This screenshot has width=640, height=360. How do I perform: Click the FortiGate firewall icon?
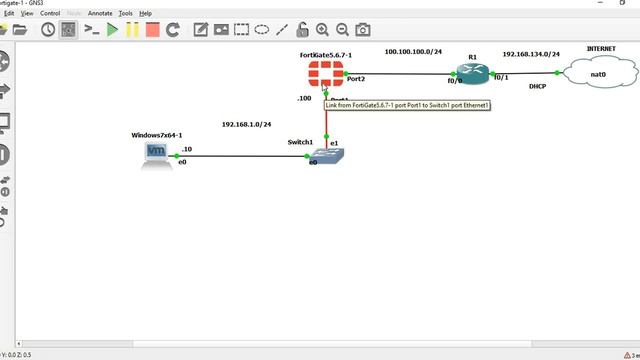pos(325,74)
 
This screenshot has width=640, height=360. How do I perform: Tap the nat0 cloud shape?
pos(598,72)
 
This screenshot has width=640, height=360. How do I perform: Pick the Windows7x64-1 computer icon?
pos(157,154)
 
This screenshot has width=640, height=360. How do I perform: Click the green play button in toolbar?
pos(112,30)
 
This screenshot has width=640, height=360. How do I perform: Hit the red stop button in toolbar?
pos(152,30)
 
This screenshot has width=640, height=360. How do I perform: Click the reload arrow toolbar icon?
pos(172,30)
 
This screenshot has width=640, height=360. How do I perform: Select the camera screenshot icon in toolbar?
pos(363,30)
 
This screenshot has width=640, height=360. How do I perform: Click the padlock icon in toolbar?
pos(301,30)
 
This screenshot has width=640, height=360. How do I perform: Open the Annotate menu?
pos(100,13)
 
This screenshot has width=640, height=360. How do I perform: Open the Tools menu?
pos(125,13)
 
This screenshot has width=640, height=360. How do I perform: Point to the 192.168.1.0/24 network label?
pos(246,125)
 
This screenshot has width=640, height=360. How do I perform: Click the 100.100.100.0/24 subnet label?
pos(413,51)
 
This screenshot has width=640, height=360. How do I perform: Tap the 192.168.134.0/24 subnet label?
pos(531,54)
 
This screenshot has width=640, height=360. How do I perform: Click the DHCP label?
pos(537,87)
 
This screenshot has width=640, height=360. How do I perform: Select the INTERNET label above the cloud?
pos(600,48)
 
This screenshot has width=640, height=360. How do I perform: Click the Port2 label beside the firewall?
pos(356,77)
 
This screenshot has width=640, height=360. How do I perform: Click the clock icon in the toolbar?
pos(48,30)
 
